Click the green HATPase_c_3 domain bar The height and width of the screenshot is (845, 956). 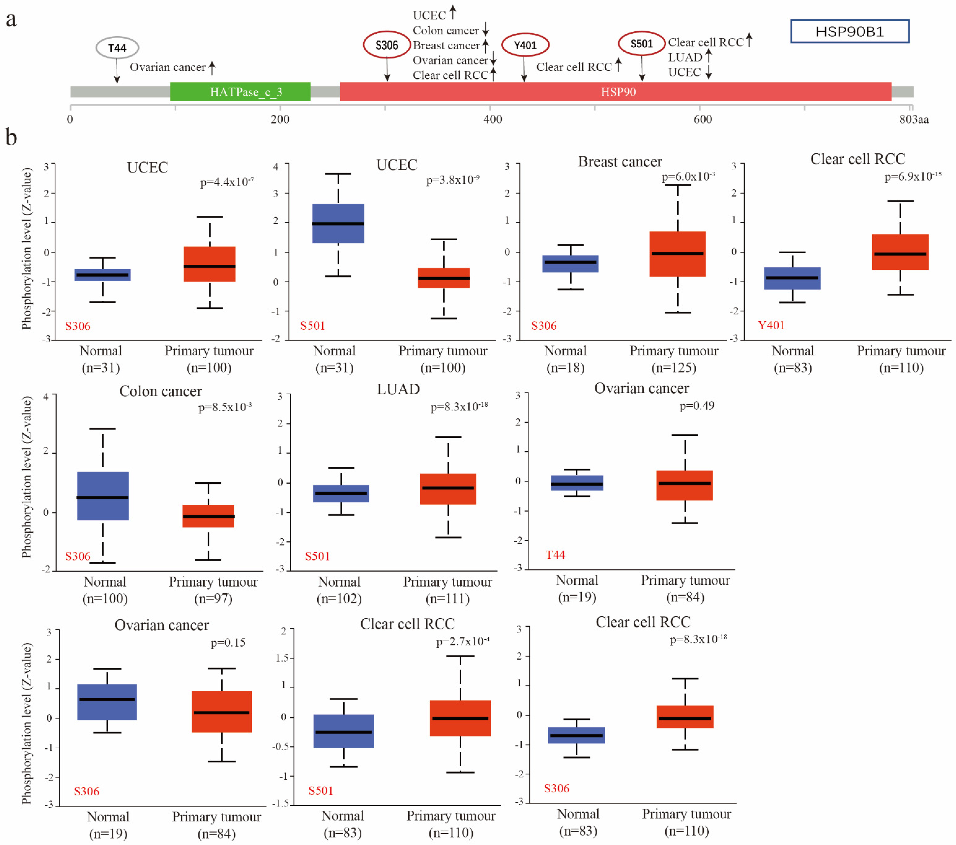point(240,92)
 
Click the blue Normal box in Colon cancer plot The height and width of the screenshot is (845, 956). point(103,496)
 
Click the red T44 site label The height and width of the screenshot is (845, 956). point(555,555)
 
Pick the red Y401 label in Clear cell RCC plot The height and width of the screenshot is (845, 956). point(771,325)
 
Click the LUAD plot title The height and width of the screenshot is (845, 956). point(398,389)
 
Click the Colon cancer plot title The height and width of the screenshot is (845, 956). point(160,391)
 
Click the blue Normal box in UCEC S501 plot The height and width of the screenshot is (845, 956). point(338,224)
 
